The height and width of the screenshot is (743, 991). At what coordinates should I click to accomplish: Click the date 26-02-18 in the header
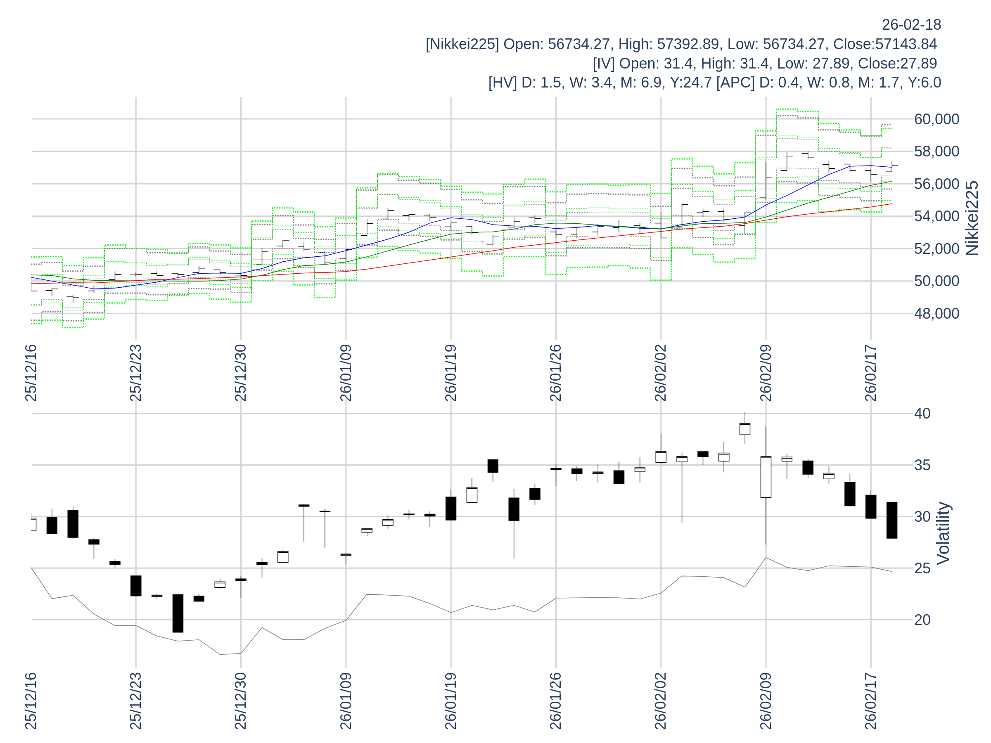[911, 25]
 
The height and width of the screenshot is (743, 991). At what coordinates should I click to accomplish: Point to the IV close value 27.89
[919, 64]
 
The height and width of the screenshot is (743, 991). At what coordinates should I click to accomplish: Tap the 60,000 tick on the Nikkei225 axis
[936, 119]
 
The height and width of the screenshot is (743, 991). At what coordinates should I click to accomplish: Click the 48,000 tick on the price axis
[936, 313]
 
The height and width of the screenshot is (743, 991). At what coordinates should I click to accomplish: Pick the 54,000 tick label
[936, 216]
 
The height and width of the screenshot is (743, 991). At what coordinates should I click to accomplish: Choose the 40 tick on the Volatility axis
[922, 413]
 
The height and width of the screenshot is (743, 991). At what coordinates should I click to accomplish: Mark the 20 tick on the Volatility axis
[922, 620]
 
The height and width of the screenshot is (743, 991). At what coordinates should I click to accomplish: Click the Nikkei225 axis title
[972, 218]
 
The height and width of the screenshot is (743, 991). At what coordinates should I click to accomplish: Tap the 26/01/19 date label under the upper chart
[451, 373]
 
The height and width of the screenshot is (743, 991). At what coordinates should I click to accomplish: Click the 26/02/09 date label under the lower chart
[766, 700]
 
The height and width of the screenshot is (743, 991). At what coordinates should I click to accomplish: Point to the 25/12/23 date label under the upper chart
[136, 373]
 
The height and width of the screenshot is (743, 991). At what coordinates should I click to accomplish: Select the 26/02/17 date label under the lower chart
[870, 700]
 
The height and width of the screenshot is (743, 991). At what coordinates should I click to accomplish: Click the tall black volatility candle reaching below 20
[178, 613]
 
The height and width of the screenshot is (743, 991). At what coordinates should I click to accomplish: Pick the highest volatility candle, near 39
[744, 428]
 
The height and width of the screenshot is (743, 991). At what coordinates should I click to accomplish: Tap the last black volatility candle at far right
[891, 520]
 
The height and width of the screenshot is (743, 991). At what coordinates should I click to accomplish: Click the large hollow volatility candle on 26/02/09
[766, 477]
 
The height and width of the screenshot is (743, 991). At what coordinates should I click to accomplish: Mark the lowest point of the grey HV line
[220, 654]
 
